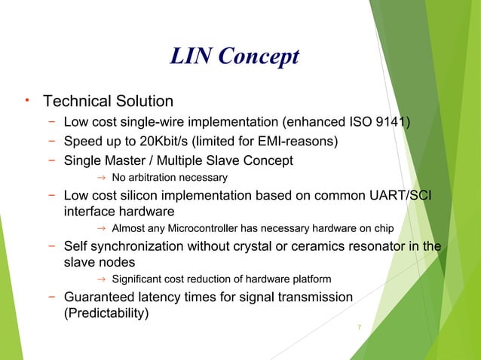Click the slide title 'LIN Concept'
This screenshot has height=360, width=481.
pyautogui.click(x=234, y=57)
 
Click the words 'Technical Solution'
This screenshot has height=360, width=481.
pyautogui.click(x=109, y=101)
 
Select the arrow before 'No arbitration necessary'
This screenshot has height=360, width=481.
pyautogui.click(x=101, y=177)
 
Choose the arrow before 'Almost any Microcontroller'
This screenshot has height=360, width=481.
pyautogui.click(x=101, y=228)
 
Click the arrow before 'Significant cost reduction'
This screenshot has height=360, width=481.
pyautogui.click(x=101, y=279)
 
